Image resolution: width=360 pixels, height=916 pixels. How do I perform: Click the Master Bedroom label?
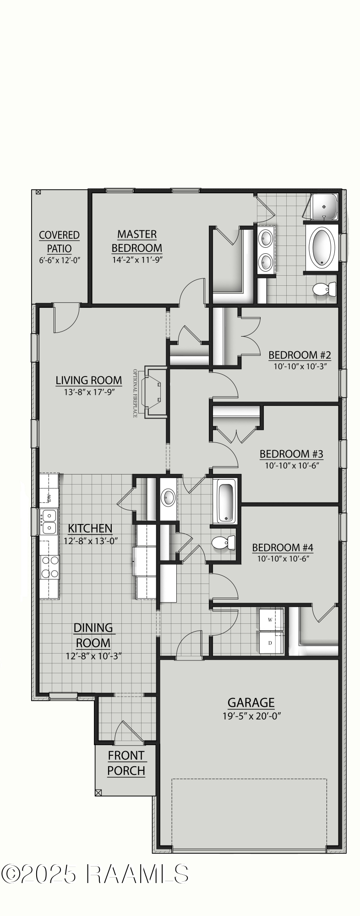tap(137, 241)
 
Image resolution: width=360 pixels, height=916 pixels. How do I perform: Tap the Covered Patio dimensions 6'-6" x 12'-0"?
tap(60, 260)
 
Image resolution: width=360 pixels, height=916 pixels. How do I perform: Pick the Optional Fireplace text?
tap(135, 393)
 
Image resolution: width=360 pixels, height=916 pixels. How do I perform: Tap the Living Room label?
tap(89, 380)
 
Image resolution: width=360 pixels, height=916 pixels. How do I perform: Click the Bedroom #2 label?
tap(300, 355)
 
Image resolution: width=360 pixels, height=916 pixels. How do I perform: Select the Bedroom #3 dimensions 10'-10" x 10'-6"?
tap(291, 465)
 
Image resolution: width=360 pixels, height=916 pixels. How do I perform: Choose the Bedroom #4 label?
tap(283, 547)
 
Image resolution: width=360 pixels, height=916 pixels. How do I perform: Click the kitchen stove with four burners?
tap(49, 567)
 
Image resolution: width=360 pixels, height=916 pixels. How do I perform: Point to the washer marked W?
tap(270, 620)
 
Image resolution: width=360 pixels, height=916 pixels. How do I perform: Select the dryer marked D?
tap(270, 643)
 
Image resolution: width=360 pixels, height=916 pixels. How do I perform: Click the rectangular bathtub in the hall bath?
tap(226, 502)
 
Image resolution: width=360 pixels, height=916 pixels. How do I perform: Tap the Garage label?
tap(251, 703)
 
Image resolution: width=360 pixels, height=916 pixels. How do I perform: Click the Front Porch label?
tap(126, 763)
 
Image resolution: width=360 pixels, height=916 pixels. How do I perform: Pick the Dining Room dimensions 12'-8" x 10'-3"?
tap(93, 656)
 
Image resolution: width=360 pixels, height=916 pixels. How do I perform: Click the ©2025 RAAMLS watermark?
tap(95, 874)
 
